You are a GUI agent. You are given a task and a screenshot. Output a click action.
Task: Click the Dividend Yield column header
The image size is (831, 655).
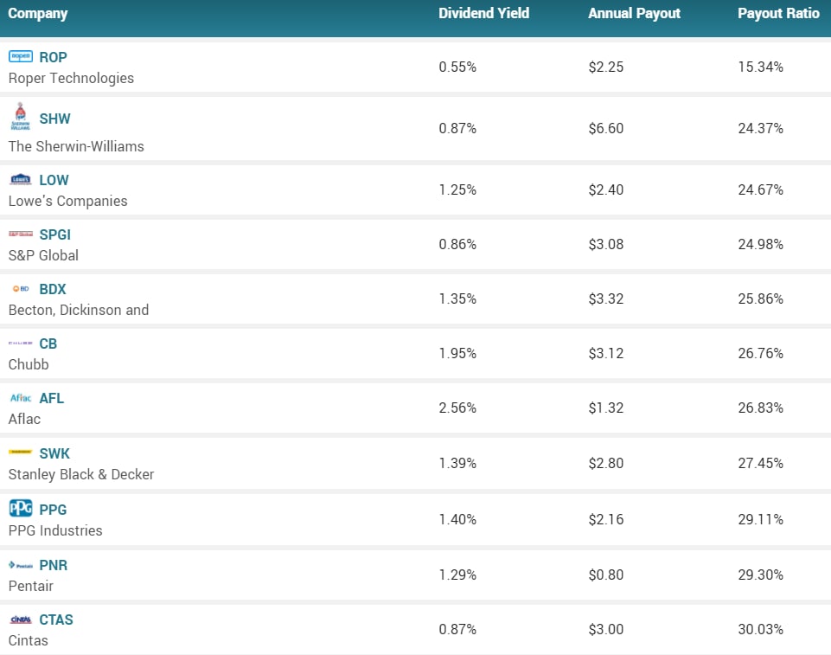(x=483, y=14)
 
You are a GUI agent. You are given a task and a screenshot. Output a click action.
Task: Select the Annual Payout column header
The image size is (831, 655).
(x=634, y=14)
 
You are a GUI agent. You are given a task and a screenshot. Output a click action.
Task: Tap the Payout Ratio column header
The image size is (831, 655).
(x=778, y=14)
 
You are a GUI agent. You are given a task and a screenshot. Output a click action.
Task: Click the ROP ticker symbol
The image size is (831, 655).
(x=53, y=57)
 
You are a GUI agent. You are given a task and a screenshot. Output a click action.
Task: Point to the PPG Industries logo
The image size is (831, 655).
(x=20, y=509)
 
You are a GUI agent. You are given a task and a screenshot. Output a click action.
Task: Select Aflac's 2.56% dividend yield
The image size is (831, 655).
(x=457, y=408)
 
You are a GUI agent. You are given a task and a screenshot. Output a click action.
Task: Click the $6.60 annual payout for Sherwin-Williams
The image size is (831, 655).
(x=605, y=128)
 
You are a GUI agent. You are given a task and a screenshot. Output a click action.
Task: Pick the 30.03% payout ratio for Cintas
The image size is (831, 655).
(x=760, y=629)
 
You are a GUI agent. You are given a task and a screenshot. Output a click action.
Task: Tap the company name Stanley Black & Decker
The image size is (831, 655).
(x=81, y=474)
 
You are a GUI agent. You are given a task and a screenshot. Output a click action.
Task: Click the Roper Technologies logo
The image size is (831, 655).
(x=20, y=56)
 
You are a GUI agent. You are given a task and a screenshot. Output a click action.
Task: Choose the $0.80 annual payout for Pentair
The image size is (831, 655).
(x=605, y=575)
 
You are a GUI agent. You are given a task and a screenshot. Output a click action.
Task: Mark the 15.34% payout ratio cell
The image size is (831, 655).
(x=760, y=67)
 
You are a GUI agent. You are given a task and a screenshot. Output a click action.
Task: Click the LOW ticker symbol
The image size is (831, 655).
(x=54, y=180)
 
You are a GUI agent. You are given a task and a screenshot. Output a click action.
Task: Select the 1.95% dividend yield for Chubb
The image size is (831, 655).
(x=457, y=353)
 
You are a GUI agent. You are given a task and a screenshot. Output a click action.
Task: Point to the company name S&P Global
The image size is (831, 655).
(x=43, y=255)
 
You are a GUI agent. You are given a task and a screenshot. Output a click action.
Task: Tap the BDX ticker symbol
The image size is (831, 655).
(x=53, y=289)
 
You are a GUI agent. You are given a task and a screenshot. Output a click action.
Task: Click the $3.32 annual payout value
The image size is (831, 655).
(x=605, y=299)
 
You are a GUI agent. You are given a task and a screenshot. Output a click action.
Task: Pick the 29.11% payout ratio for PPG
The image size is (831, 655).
(x=760, y=519)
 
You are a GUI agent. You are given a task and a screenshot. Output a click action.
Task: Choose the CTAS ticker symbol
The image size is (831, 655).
(x=56, y=620)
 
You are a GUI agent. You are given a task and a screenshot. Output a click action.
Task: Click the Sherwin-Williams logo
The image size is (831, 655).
(x=20, y=116)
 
